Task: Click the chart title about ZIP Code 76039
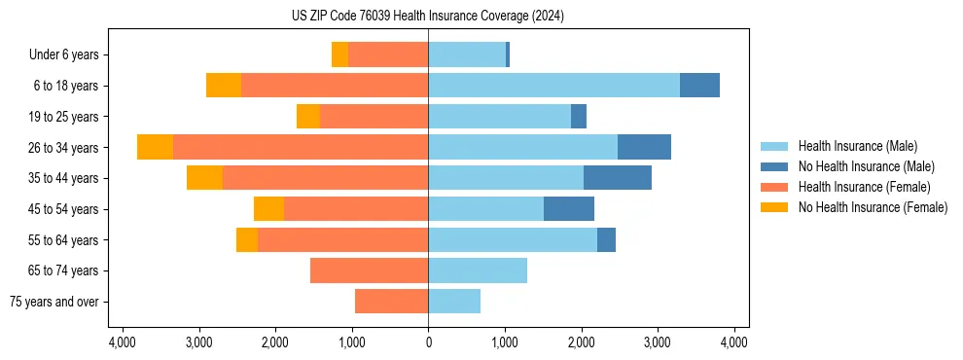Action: click(x=427, y=16)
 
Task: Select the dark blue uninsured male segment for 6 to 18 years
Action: click(x=699, y=86)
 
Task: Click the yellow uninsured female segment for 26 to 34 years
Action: click(x=155, y=147)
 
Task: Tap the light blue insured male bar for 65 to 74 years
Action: click(x=478, y=270)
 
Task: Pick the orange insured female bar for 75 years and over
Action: click(x=391, y=302)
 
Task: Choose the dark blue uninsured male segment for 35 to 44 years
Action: click(x=617, y=178)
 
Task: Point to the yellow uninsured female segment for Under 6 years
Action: click(x=339, y=54)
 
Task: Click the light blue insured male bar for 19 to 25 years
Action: click(x=499, y=117)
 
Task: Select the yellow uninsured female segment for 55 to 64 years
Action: click(x=247, y=239)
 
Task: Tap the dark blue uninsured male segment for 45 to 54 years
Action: click(x=568, y=209)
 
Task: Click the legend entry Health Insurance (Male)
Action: click(x=857, y=146)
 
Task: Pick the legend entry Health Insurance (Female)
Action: click(x=864, y=187)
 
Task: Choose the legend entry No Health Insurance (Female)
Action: click(x=873, y=207)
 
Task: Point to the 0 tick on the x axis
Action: click(x=428, y=342)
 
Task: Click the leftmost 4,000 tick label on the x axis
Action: click(x=123, y=342)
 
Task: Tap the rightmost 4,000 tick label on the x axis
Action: click(x=733, y=342)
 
